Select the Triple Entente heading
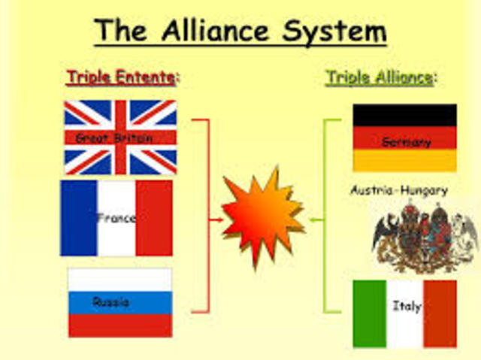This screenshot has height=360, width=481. point(123,77)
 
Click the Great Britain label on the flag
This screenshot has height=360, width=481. point(113,138)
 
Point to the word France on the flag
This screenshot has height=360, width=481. point(116,218)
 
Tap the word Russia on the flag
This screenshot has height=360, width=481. point(110,301)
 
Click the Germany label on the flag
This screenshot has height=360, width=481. point(406,141)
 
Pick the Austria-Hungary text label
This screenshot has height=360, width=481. point(398,190)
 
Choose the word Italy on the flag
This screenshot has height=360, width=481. point(406,306)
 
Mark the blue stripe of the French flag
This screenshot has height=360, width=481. point(79,218)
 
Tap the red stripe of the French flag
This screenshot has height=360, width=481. point(154,218)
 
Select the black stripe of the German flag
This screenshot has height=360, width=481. point(404,115)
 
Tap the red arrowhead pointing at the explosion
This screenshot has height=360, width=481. point(219,220)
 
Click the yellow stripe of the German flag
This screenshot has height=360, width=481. point(404,161)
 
